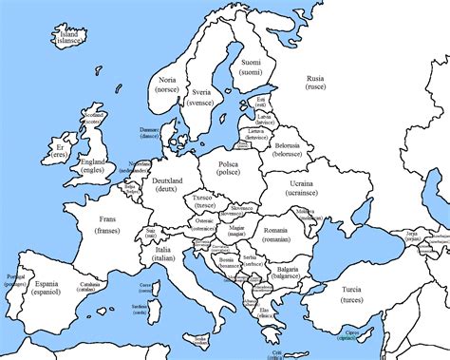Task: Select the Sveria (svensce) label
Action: (200, 98)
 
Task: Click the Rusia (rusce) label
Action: (315, 82)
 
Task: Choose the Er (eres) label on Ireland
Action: (65, 154)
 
